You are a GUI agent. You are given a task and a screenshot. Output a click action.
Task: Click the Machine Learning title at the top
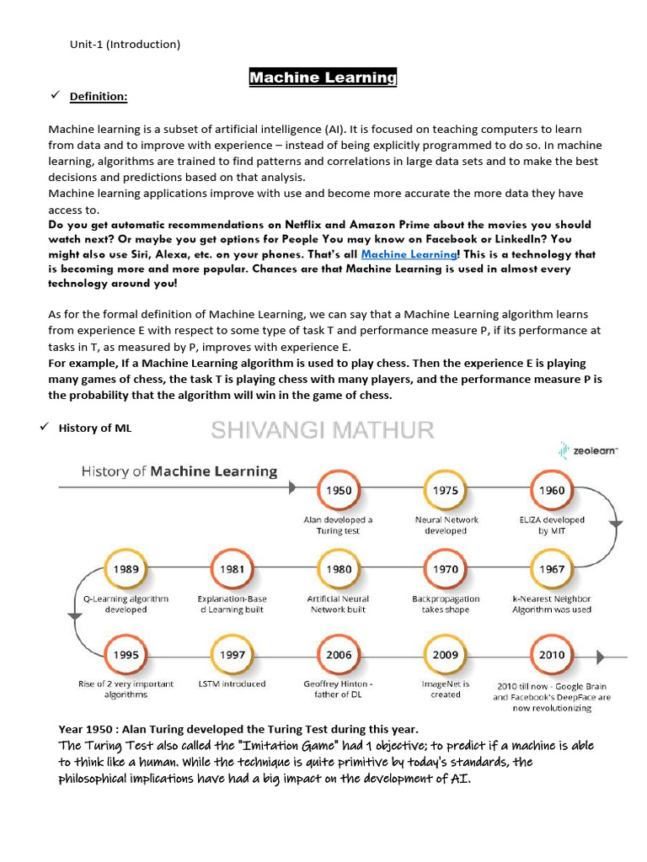(x=323, y=77)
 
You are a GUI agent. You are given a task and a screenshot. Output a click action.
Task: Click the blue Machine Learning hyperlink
(x=409, y=254)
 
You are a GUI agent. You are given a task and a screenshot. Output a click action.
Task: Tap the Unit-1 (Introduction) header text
(x=125, y=44)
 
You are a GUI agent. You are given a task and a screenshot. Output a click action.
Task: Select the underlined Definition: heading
(x=99, y=97)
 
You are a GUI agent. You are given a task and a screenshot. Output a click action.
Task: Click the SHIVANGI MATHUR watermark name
(x=323, y=431)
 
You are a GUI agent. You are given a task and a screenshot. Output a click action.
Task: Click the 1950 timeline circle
(x=340, y=491)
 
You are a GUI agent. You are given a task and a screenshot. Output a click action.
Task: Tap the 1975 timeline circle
(x=446, y=491)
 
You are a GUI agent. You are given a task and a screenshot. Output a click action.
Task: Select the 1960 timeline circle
(x=552, y=491)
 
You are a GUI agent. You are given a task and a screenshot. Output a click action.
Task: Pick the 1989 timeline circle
(x=126, y=570)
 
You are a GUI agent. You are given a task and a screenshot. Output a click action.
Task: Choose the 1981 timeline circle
(x=233, y=570)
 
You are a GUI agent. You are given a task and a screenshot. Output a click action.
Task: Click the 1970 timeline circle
(x=446, y=570)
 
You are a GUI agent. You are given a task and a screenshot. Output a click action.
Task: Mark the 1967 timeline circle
(x=552, y=570)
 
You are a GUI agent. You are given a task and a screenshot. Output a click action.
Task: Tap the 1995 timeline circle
(x=126, y=655)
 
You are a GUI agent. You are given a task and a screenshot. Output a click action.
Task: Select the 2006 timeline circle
(x=340, y=655)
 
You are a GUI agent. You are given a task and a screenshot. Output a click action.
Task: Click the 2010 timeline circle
(x=552, y=655)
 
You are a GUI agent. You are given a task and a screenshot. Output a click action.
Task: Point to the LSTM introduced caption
(x=232, y=684)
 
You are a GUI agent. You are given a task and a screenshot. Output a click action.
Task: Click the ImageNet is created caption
(x=446, y=689)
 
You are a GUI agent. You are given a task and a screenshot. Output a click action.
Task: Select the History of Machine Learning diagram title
(x=179, y=471)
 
